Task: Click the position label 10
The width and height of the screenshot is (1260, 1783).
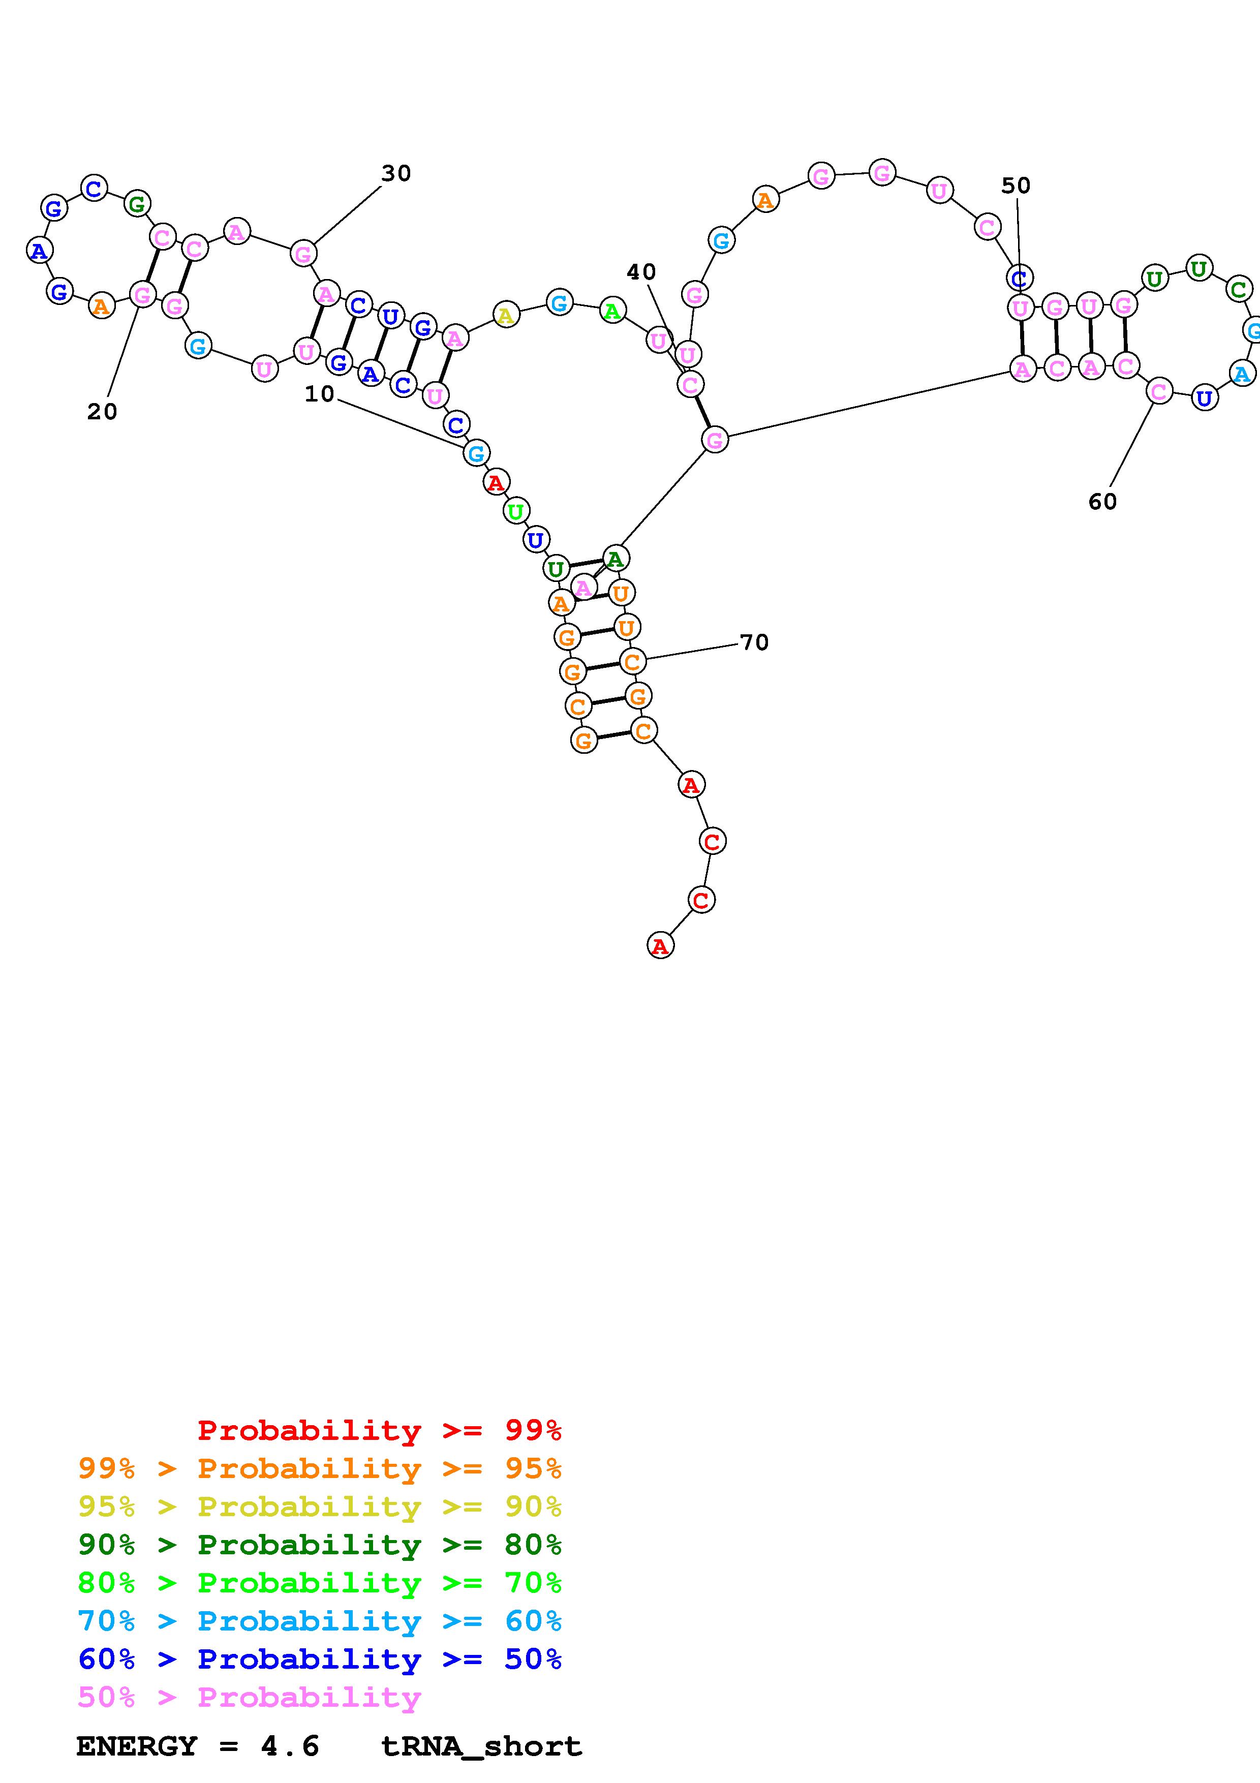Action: click(319, 394)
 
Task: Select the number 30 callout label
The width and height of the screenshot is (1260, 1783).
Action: click(396, 174)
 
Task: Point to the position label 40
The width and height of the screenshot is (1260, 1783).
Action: click(641, 272)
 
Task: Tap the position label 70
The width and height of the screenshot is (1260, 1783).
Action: click(754, 643)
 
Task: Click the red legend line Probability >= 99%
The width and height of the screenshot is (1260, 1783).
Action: click(379, 1430)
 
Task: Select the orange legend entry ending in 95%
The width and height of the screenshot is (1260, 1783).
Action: click(320, 1468)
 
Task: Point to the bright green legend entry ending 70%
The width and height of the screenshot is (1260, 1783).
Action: click(320, 1583)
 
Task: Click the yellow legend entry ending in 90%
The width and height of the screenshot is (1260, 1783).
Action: click(320, 1507)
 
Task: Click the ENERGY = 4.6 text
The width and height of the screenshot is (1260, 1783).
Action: click(198, 1746)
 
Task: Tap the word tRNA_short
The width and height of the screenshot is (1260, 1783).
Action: click(481, 1746)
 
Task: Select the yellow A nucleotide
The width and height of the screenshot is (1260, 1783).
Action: click(505, 315)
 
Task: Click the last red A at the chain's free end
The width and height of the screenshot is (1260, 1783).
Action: click(660, 946)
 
